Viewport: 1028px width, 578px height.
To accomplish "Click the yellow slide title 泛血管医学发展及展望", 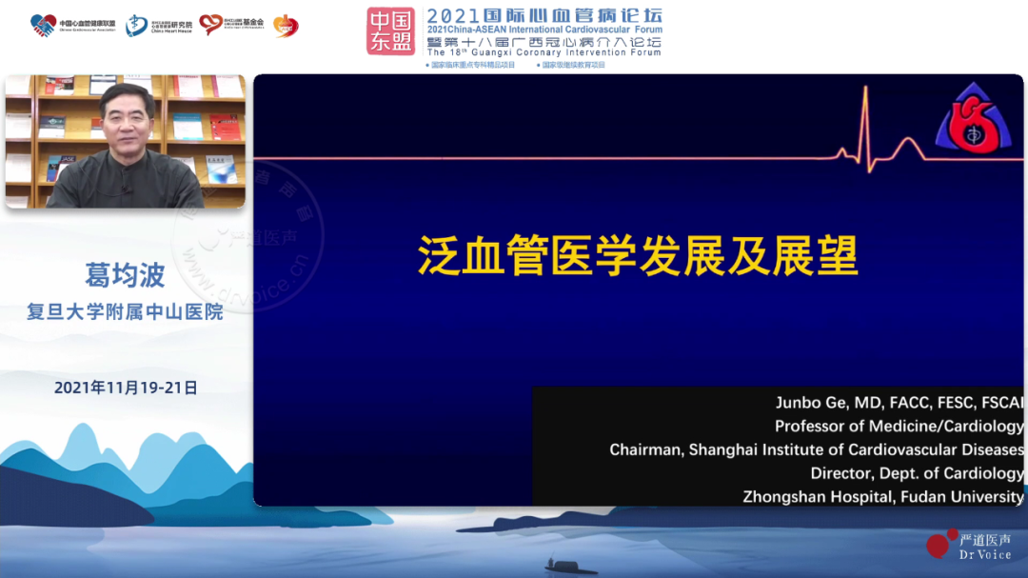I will (x=638, y=256).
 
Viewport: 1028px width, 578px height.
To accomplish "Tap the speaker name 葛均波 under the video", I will (x=125, y=276).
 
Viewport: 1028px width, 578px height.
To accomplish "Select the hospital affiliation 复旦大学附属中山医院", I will (x=125, y=311).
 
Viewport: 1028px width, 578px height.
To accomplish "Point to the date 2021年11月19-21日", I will (x=126, y=388).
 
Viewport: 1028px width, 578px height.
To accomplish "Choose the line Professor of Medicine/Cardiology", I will (x=899, y=427).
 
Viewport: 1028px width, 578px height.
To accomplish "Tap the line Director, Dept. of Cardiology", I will (x=917, y=473).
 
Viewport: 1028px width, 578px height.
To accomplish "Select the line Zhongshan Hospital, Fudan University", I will (x=882, y=496).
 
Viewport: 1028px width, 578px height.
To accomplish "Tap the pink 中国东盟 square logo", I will (x=391, y=30).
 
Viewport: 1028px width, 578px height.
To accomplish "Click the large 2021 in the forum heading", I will (x=456, y=15).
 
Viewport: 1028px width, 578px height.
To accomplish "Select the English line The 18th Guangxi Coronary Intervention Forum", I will (x=544, y=52).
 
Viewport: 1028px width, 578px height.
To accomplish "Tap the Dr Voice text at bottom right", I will (x=985, y=554).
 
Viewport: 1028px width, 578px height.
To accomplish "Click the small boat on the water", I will (x=571, y=568).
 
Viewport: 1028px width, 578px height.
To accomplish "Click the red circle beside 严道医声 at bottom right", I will (x=939, y=544).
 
